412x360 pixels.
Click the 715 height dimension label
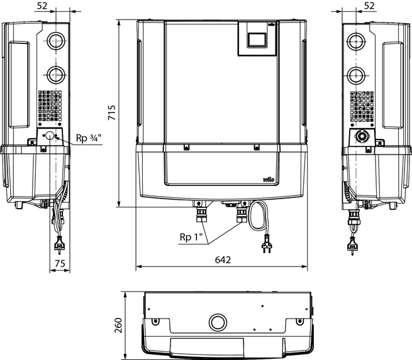[112, 112]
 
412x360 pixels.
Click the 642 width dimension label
[223, 259]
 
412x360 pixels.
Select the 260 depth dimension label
[118, 325]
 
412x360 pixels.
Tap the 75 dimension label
[60, 263]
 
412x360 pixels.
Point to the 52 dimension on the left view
[42, 6]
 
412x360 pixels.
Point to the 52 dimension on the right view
[369, 6]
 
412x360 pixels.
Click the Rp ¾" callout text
[89, 138]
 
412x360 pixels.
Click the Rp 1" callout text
[191, 237]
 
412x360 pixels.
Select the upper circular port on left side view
[56, 41]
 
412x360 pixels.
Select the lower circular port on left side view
[56, 75]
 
